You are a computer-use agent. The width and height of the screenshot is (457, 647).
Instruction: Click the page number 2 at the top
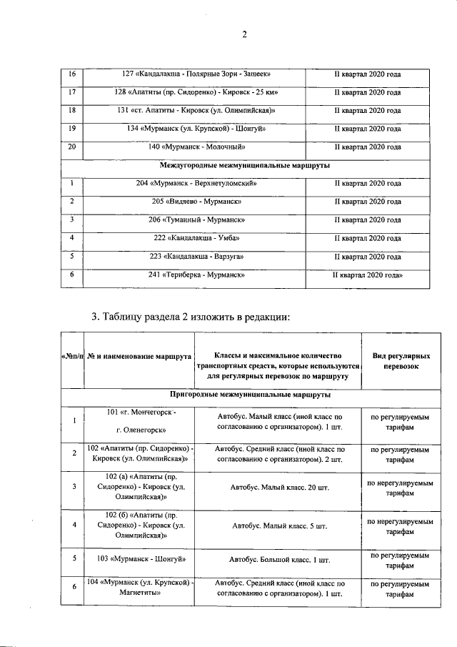243,34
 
